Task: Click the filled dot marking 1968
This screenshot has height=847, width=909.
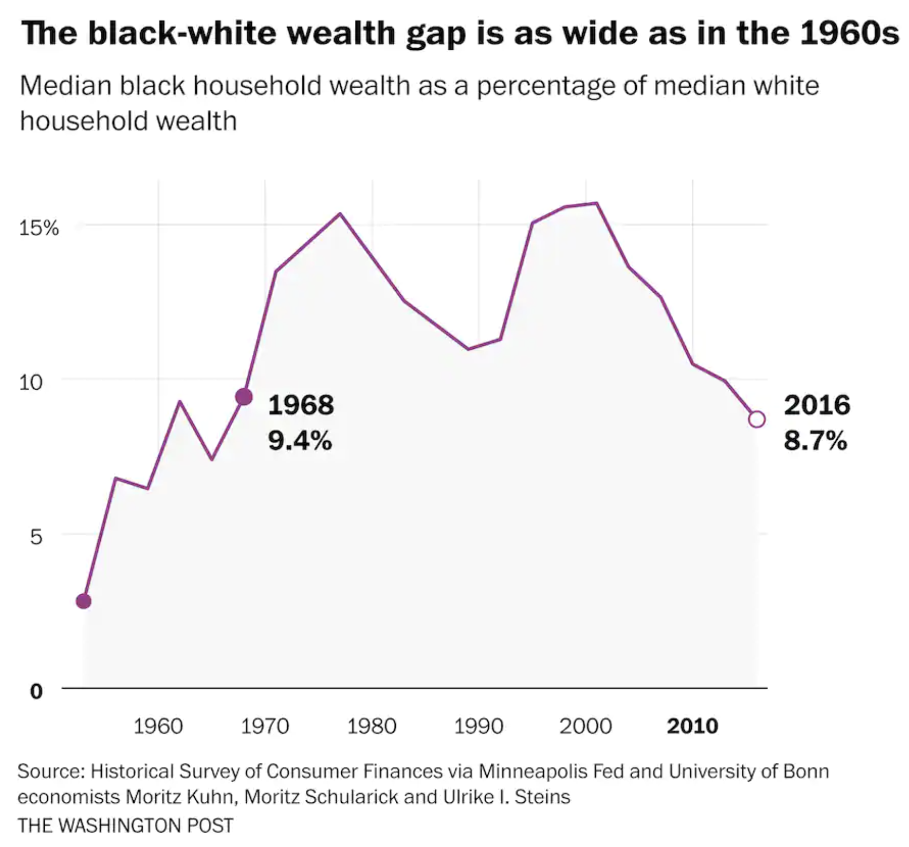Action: pyautogui.click(x=244, y=397)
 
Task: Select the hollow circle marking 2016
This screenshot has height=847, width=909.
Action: pyautogui.click(x=757, y=419)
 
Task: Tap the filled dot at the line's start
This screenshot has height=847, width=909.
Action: pyautogui.click(x=84, y=601)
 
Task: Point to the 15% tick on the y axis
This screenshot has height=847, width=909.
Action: pyautogui.click(x=39, y=228)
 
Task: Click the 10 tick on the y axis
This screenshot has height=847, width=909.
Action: pyautogui.click(x=30, y=382)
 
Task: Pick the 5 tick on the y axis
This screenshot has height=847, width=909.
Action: pyautogui.click(x=35, y=537)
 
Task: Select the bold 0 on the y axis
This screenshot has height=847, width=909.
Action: pyautogui.click(x=36, y=691)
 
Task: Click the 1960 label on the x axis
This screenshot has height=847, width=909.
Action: pyautogui.click(x=158, y=726)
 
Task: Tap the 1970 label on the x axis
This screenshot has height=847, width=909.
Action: pyautogui.click(x=265, y=726)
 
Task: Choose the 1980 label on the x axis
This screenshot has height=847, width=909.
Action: pyautogui.click(x=372, y=726)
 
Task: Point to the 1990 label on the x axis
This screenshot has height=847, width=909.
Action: pyautogui.click(x=478, y=726)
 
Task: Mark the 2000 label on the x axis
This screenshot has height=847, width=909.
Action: pyautogui.click(x=585, y=726)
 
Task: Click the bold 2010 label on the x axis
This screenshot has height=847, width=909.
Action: pyautogui.click(x=692, y=726)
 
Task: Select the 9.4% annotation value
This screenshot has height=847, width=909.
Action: pyautogui.click(x=300, y=441)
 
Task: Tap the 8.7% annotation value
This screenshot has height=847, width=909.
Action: pyautogui.click(x=815, y=441)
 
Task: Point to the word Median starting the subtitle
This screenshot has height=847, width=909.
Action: pyautogui.click(x=65, y=86)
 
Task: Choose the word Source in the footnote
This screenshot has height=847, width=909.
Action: pyautogui.click(x=50, y=771)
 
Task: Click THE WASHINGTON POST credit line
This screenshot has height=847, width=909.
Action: pyautogui.click(x=126, y=825)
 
